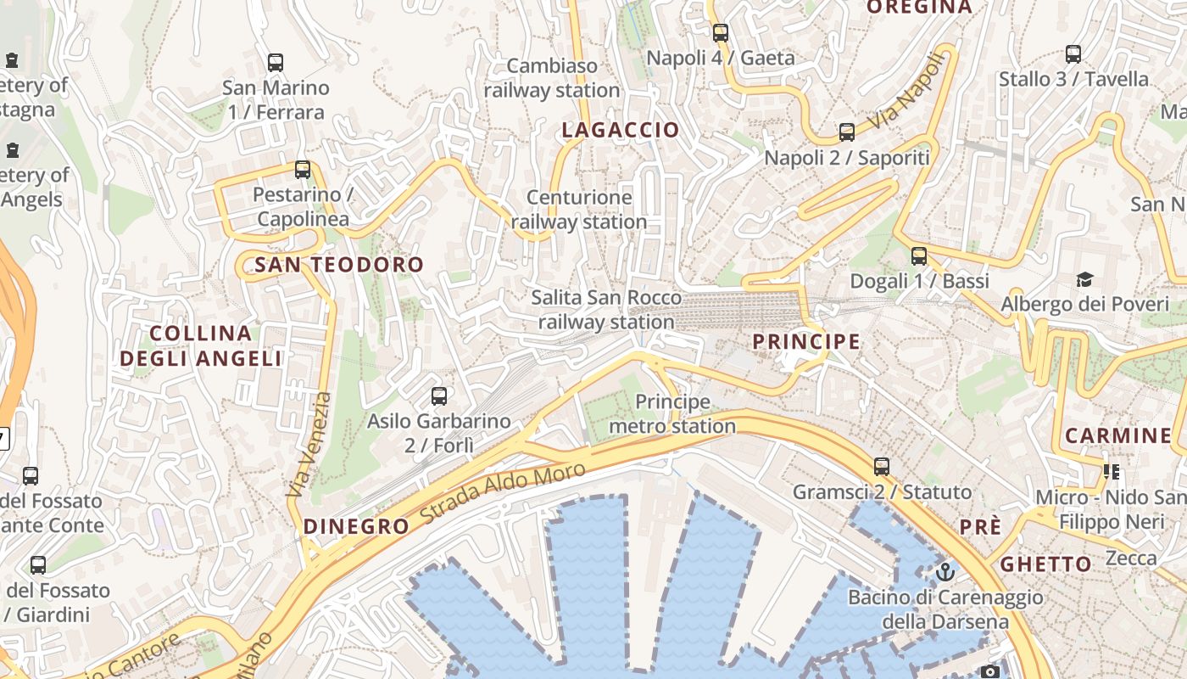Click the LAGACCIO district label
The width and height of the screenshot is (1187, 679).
click(621, 130)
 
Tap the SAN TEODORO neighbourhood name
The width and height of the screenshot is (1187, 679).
click(339, 265)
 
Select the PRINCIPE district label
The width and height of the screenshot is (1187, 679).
click(806, 342)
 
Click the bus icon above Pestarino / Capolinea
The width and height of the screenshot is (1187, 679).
click(303, 170)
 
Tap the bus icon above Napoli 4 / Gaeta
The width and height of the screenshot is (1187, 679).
click(721, 33)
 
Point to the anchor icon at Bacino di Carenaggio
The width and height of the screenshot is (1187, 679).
click(945, 571)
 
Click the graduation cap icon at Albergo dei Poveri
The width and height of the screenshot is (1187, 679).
click(1084, 279)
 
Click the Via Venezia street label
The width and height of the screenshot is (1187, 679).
click(311, 444)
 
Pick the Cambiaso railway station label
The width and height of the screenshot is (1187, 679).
click(552, 78)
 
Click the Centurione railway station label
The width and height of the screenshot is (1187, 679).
click(579, 210)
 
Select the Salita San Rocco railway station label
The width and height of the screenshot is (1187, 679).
click(606, 310)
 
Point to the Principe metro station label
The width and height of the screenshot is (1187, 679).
click(672, 413)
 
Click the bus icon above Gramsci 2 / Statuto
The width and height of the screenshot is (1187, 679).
click(882, 466)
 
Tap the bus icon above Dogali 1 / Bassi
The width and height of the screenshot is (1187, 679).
click(919, 255)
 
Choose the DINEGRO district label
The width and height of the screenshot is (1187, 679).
click(356, 526)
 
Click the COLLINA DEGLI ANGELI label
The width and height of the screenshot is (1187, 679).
click(201, 345)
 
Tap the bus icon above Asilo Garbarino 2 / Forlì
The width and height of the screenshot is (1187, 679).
click(439, 396)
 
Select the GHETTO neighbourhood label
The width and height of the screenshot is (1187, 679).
click(1045, 564)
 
